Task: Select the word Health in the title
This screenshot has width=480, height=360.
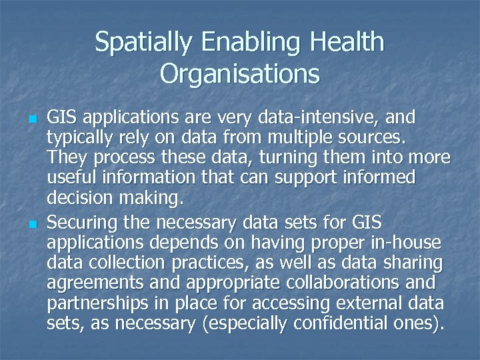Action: point(348,43)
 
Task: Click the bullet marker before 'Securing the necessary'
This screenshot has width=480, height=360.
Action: point(33,222)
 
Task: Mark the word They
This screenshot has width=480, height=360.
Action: point(66,159)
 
